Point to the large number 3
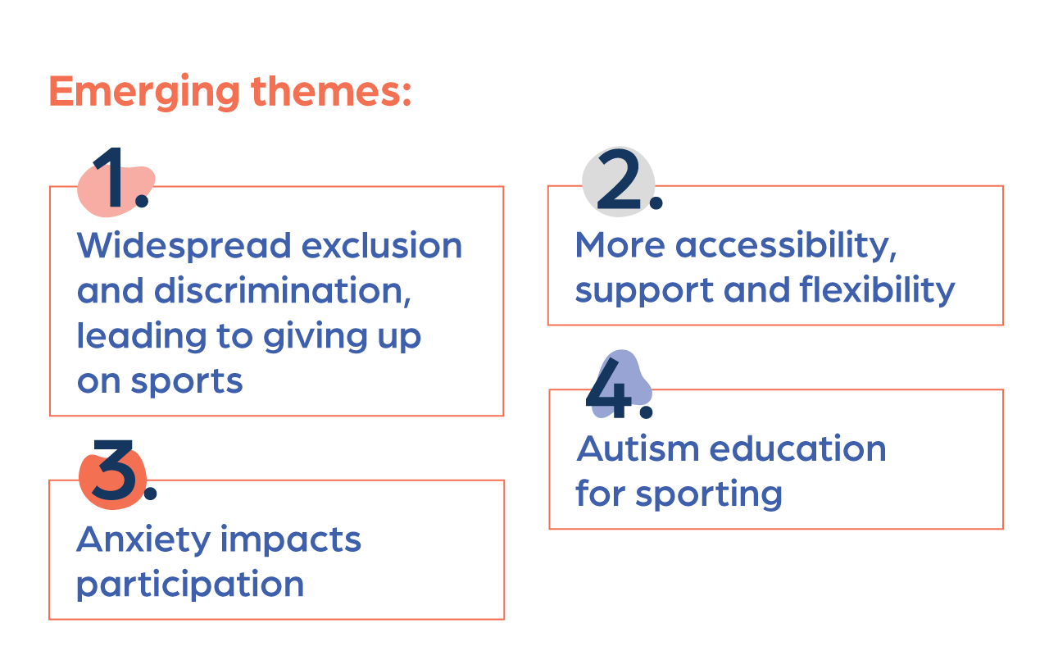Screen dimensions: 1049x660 coord(114,470)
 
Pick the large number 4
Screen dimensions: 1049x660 coord(610,389)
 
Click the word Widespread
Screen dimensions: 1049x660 coord(184,247)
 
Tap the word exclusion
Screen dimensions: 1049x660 coord(382,245)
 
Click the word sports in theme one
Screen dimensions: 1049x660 coord(187,382)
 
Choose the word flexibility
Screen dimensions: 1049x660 coord(877,290)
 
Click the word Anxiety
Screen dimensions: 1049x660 coord(143,540)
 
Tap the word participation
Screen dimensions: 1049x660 coord(190,585)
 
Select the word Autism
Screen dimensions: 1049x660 coord(638,448)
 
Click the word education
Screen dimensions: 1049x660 coord(798,448)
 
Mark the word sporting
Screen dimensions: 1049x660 coord(709,494)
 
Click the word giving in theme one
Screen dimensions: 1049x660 coord(316,337)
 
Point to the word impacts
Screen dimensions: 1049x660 coord(291,540)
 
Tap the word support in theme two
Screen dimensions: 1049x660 coord(644,291)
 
